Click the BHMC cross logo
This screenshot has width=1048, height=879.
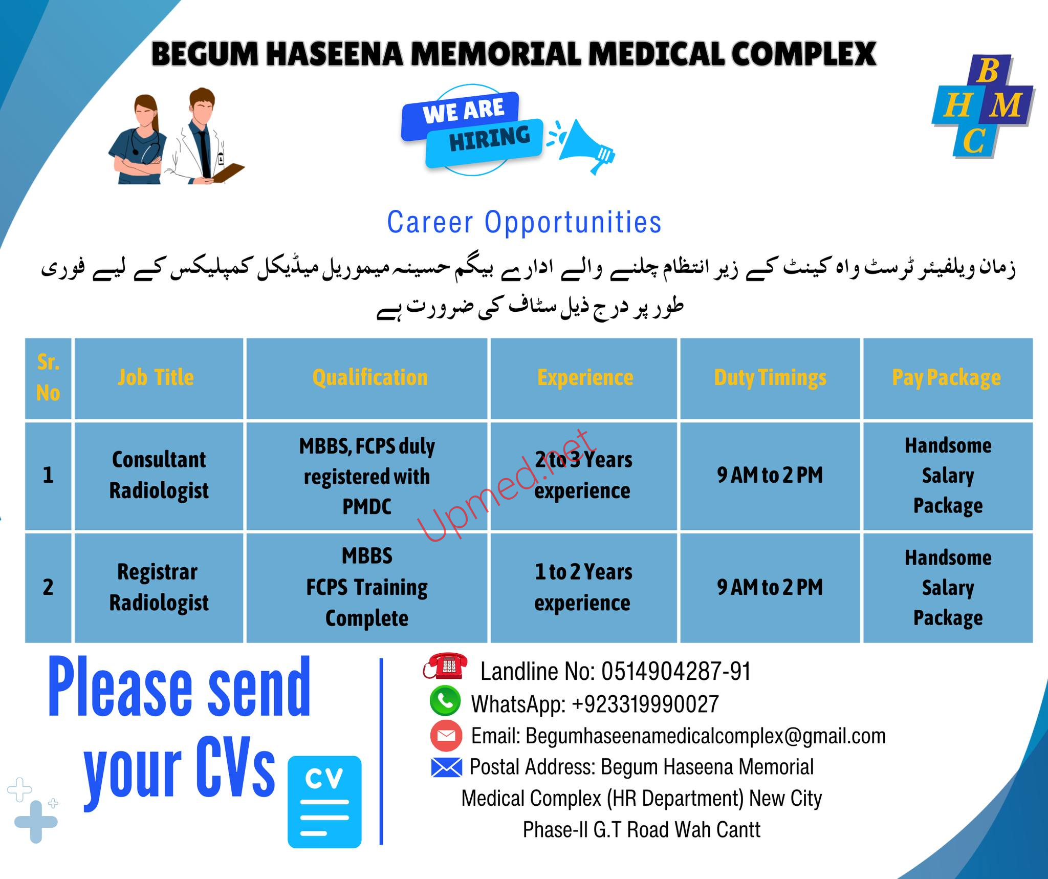point(983,106)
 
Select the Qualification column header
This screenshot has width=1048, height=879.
point(370,378)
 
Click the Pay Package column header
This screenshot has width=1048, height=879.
point(947,378)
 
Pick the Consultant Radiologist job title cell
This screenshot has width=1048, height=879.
point(159,475)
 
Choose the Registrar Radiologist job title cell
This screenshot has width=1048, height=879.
point(159,587)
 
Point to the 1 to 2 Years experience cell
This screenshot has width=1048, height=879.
point(583,587)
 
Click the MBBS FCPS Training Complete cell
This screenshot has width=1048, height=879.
point(367,587)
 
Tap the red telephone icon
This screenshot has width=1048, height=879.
point(445,666)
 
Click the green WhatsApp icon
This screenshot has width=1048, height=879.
point(445,700)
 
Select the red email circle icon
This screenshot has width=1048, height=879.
point(446,736)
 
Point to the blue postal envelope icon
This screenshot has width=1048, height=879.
point(447,767)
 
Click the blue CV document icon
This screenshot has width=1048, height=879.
point(324,802)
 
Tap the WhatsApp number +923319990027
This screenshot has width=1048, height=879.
point(645,704)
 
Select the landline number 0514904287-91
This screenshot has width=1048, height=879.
point(676,671)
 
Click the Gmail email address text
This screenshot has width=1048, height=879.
point(706,736)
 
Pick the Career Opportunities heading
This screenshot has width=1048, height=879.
point(525,223)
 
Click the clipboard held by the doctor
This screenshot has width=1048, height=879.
point(228,172)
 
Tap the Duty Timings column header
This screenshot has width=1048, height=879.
point(770,378)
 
